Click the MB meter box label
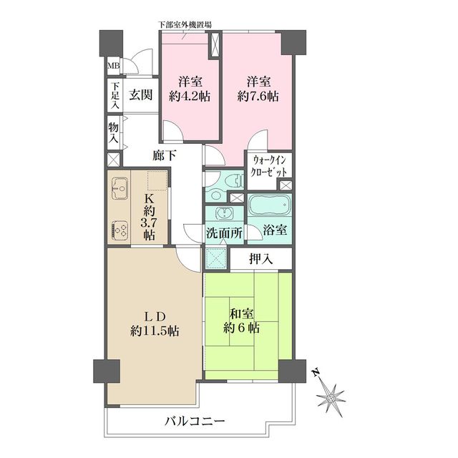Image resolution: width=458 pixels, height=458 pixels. coord(113,66)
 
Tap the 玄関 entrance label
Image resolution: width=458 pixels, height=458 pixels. coord(141,95)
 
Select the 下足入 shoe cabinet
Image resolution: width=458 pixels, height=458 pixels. coord(114,95)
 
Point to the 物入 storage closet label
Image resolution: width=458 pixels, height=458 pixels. coord(113,132)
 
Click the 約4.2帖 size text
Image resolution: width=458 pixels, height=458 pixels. coord(190,96)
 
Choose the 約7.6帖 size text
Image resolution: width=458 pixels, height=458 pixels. coord(258,96)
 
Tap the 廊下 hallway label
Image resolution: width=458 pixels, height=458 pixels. coord(165,156)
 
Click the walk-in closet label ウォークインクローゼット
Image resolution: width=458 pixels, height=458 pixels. coord(269,166)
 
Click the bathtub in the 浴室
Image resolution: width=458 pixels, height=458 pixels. coord(269,205)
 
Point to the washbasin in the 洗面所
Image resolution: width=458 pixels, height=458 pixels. coord(224,213)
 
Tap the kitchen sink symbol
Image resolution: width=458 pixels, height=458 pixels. coord(120,188)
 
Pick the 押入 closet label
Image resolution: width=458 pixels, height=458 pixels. coord(261,258)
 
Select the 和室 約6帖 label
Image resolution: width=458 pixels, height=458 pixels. coord(242,321)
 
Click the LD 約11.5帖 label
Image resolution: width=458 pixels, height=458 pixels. coord(155,324)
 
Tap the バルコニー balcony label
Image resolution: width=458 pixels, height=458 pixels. coord(195,422)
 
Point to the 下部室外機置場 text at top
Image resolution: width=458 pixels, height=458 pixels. coord(185,25)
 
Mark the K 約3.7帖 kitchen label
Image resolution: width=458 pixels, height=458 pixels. coord(149,216)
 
